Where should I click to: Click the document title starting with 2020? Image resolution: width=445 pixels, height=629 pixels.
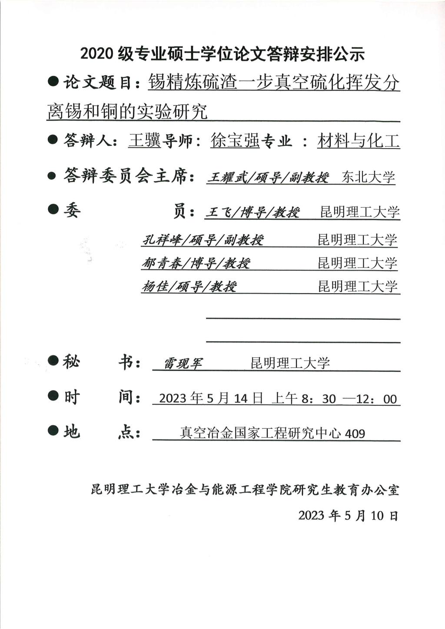coord(222,54)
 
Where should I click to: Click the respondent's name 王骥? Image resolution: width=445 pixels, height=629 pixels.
coord(144,141)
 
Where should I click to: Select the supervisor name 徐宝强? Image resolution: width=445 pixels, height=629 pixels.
coord(235,141)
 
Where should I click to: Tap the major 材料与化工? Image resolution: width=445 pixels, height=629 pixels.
coord(358,141)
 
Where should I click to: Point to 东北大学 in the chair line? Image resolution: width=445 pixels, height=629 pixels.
coord(368,177)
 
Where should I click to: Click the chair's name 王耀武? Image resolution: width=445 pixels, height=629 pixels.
coord(224,178)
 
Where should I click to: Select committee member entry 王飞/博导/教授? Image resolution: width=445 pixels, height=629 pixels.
coord(252,212)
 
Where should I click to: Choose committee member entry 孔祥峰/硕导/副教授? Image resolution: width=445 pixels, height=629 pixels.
coord(203,240)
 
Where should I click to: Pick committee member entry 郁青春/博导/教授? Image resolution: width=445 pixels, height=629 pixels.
coord(196,263)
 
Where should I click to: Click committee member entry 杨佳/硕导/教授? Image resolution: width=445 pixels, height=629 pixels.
coord(189,287)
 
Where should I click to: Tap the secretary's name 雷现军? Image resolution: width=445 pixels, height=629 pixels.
coord(183,363)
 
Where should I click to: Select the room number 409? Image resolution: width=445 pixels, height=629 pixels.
coord(355,434)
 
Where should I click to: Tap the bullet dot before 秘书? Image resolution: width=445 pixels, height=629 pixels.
coord(53,361)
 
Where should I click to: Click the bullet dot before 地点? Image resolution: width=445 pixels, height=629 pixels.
coord(53,430)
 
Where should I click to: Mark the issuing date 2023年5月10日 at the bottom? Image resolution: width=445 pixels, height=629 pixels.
coord(348,516)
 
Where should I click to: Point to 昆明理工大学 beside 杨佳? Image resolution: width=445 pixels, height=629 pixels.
coord(358,287)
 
